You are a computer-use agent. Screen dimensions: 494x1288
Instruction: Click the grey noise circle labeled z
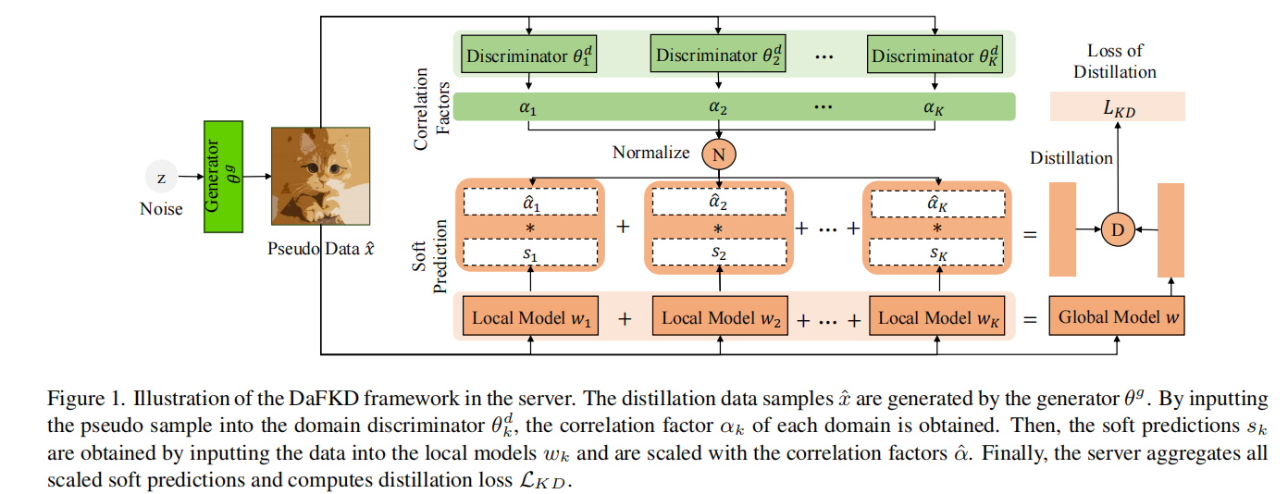[162, 178]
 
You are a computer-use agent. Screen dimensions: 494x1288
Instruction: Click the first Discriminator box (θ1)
[528, 56]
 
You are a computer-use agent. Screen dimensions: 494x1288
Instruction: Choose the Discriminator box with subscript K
[935, 56]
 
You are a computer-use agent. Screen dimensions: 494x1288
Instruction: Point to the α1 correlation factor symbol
[528, 106]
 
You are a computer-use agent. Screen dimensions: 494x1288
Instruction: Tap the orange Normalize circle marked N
[718, 154]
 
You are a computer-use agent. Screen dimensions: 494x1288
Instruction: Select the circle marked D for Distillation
[1117, 228]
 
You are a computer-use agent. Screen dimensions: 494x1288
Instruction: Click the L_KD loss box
[1117, 107]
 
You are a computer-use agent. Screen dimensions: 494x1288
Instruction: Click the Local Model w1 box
[531, 317]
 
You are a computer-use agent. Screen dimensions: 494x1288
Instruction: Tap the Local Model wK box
[937, 317]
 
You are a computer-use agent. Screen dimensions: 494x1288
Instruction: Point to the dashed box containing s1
[531, 251]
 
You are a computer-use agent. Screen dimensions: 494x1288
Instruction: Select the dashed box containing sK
[937, 251]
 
